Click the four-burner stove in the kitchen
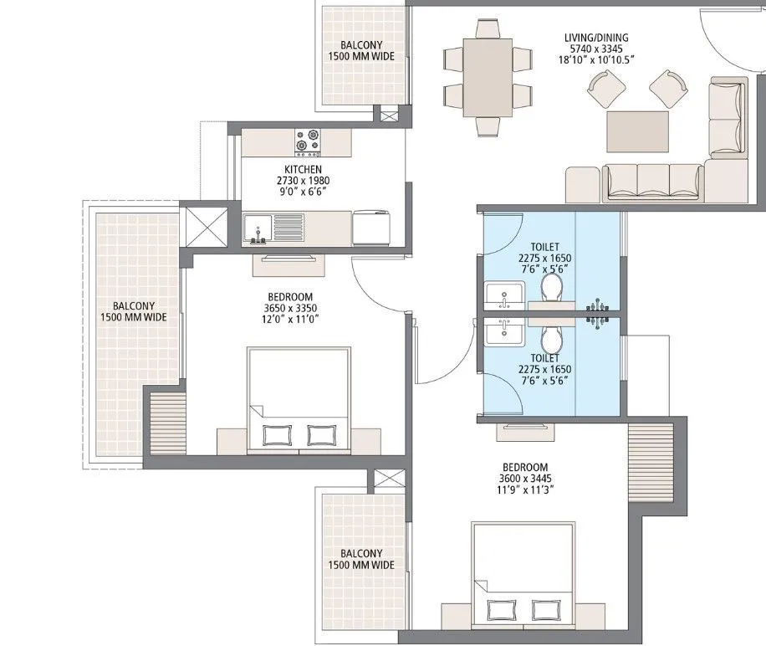click(307, 142)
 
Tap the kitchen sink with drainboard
click(274, 227)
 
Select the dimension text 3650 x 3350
click(290, 308)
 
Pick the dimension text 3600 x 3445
click(525, 479)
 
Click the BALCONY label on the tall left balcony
click(133, 306)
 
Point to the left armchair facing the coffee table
click(605, 86)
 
